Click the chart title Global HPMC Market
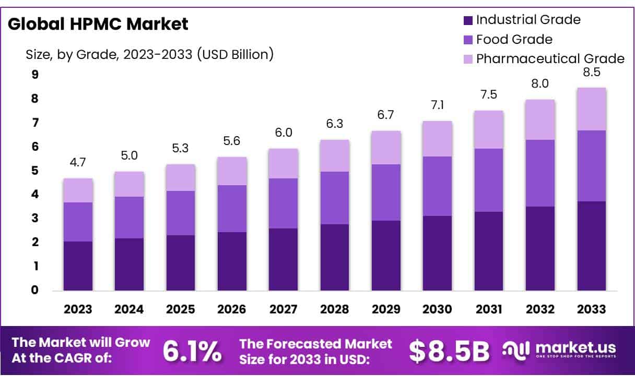[98, 24]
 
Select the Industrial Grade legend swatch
[468, 20]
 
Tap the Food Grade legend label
[514, 39]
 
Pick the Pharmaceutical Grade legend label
[550, 58]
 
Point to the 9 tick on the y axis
[35, 75]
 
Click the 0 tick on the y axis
[35, 290]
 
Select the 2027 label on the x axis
[283, 309]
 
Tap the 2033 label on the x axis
[592, 309]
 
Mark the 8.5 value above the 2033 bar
[592, 73]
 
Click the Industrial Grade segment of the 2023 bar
[77, 266]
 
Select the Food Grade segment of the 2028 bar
[335, 198]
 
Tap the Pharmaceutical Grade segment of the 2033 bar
[592, 109]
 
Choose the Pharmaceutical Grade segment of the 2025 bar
[180, 177]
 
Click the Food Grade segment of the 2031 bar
[489, 180]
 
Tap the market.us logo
[559, 349]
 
